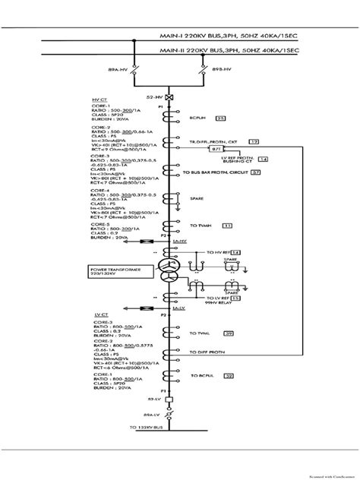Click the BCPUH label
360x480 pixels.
(x=199, y=118)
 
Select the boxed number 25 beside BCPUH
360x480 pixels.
(x=221, y=118)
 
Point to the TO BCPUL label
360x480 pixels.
(x=203, y=376)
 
